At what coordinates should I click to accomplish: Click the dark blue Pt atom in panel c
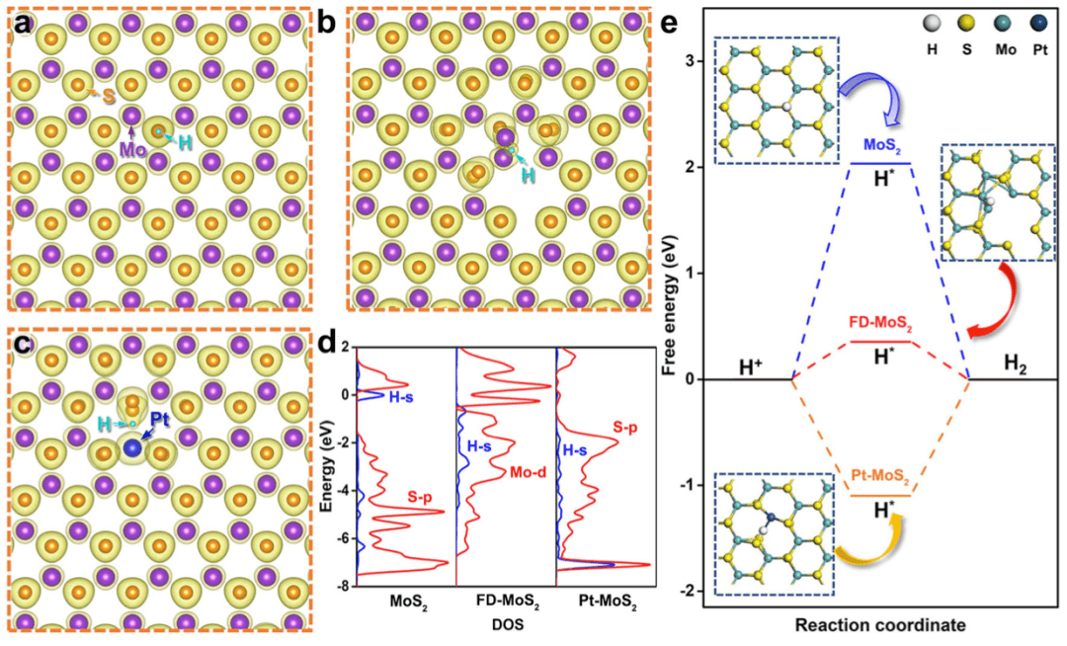pyautogui.click(x=132, y=449)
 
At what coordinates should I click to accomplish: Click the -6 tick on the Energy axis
pyautogui.click(x=342, y=538)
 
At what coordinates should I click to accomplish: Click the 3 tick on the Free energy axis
pyautogui.click(x=695, y=61)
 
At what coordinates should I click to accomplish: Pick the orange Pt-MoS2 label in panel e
pyautogui.click(x=878, y=477)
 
